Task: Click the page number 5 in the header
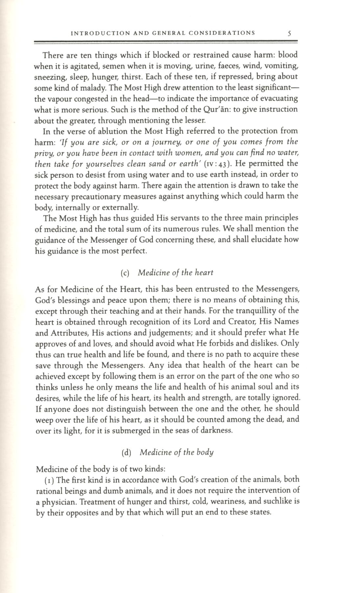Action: [x=289, y=33]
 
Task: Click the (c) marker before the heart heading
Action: [x=125, y=273]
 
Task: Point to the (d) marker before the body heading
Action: [x=127, y=453]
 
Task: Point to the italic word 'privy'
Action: [x=44, y=153]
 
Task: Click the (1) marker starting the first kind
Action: [x=49, y=480]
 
